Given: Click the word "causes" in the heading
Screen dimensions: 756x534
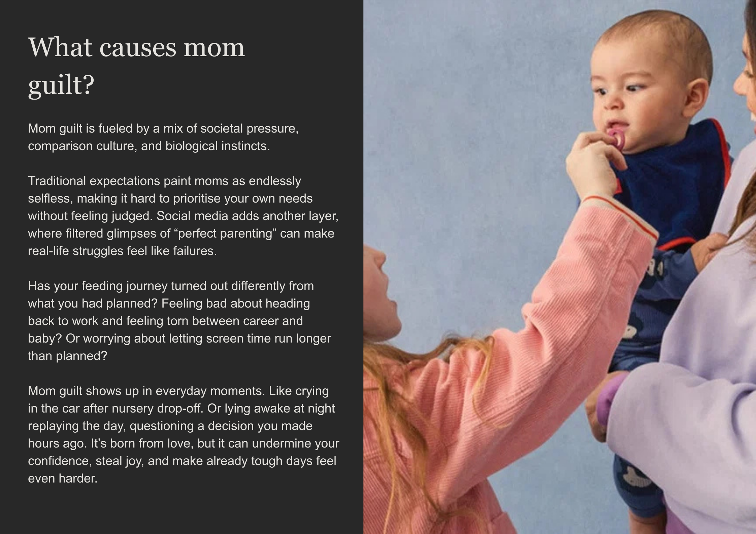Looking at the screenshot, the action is [137, 47].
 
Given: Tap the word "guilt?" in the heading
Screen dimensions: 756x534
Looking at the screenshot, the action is [61, 85].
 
